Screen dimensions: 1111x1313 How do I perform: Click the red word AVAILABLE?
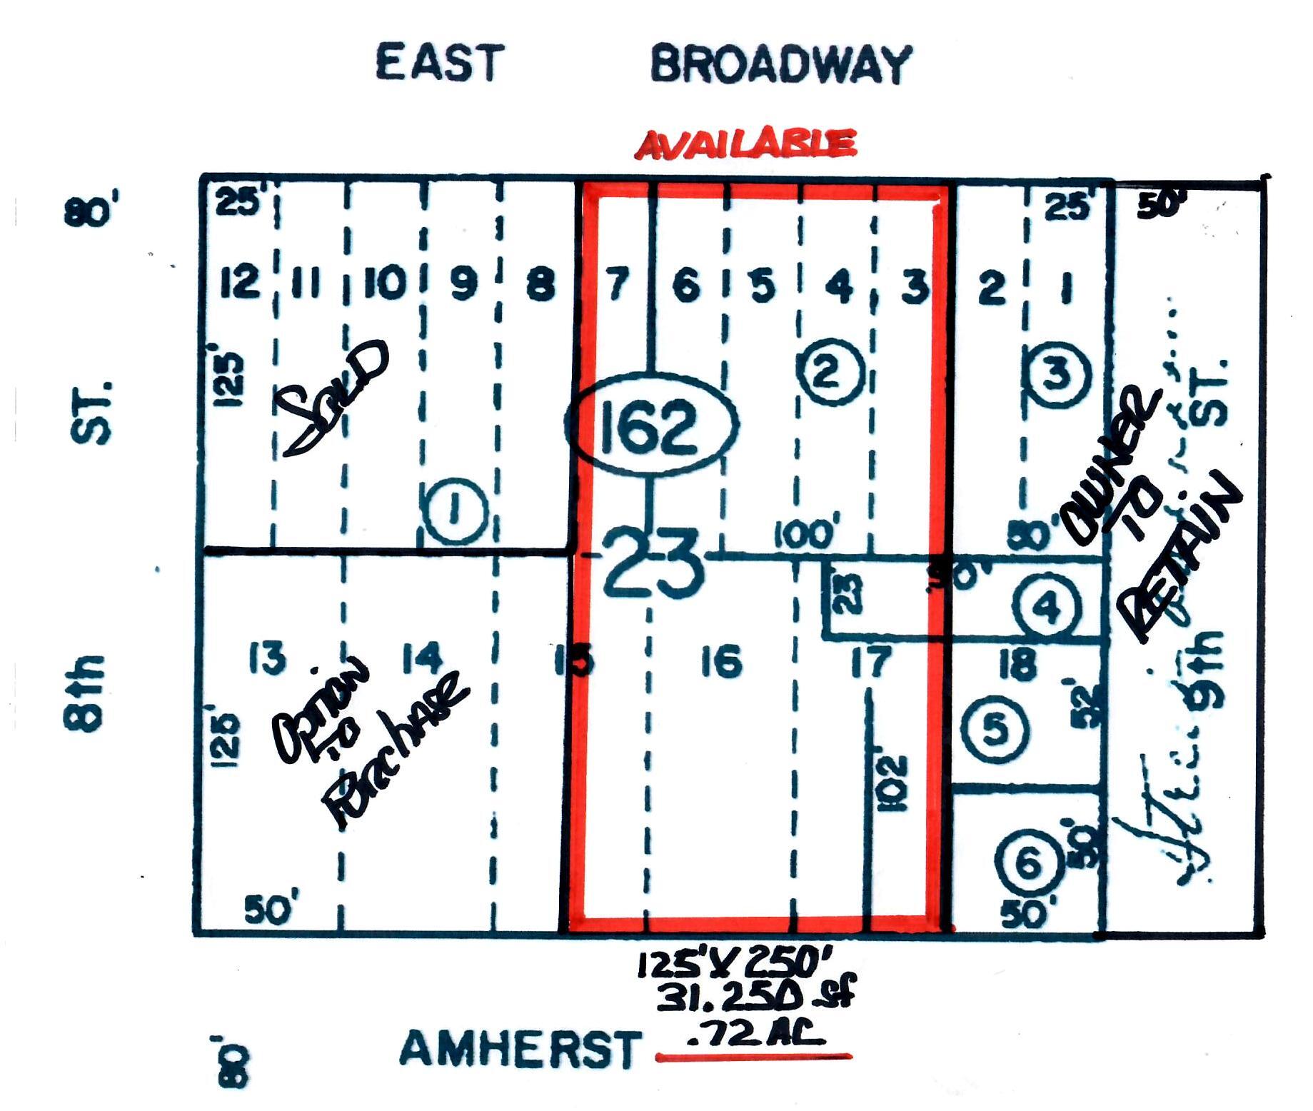[x=745, y=144]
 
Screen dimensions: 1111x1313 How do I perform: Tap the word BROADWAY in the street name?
[x=780, y=64]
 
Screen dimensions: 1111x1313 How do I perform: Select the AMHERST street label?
[x=519, y=1050]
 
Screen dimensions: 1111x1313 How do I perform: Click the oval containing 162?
[x=651, y=424]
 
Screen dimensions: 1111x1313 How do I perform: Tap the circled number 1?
[x=456, y=511]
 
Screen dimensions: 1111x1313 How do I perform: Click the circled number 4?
[x=1047, y=608]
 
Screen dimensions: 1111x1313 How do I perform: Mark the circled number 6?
[x=1028, y=864]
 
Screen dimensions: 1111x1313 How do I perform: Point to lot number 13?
[x=268, y=658]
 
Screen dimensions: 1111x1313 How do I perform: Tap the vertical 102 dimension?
[x=893, y=783]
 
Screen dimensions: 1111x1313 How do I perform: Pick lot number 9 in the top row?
[x=463, y=283]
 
